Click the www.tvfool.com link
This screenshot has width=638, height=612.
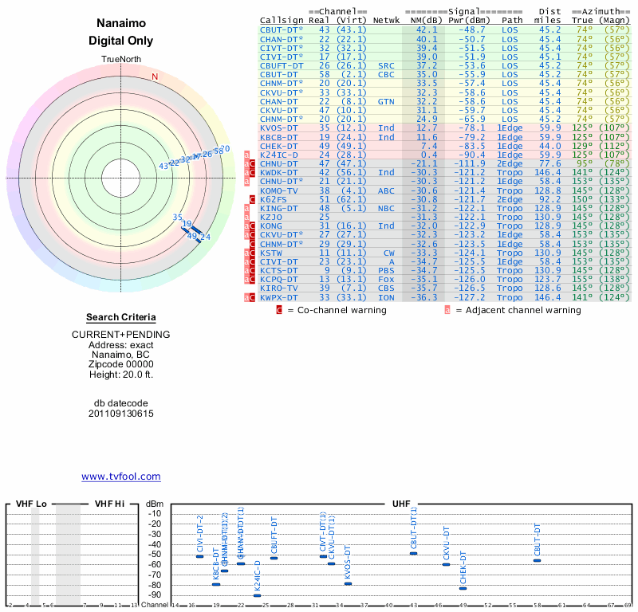pyautogui.click(x=121, y=477)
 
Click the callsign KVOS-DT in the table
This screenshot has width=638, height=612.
pyautogui.click(x=280, y=128)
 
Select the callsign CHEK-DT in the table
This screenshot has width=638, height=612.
pyautogui.click(x=280, y=146)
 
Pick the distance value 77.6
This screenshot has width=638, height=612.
pyautogui.click(x=549, y=164)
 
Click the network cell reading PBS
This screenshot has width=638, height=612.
pyautogui.click(x=386, y=271)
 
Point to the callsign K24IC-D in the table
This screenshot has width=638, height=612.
pyautogui.click(x=280, y=155)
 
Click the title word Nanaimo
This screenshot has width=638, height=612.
pyautogui.click(x=121, y=23)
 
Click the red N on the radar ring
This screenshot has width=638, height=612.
pyautogui.click(x=156, y=76)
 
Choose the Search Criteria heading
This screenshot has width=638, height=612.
pyautogui.click(x=121, y=317)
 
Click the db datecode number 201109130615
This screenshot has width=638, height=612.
pyautogui.click(x=121, y=414)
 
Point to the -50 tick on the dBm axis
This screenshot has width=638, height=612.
pyautogui.click(x=155, y=555)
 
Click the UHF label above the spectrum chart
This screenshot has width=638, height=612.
pyautogui.click(x=401, y=504)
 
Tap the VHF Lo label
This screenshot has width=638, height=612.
pyautogui.click(x=32, y=504)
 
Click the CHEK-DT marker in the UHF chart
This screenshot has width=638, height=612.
pyautogui.click(x=463, y=588)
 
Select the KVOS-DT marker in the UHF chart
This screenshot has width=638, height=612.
pyautogui.click(x=348, y=584)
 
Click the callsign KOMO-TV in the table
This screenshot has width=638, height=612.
pyautogui.click(x=280, y=191)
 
